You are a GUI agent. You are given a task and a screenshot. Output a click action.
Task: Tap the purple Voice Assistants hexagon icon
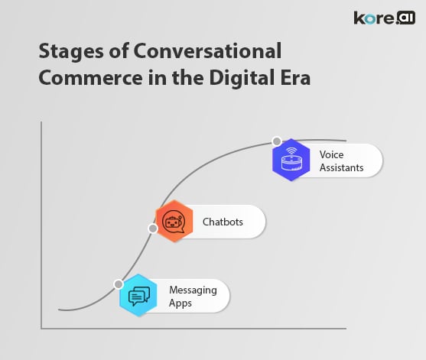click(291, 161)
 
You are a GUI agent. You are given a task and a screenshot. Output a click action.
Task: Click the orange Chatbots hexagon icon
click(174, 222)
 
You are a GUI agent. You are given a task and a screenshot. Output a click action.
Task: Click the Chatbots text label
click(223, 222)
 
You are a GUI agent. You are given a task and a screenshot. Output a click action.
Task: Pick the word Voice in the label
click(332, 154)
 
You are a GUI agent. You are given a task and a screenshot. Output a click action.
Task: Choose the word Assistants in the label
click(342, 167)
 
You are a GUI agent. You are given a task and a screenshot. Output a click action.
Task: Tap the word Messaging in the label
click(193, 290)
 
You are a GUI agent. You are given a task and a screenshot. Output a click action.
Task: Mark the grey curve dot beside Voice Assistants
click(276, 143)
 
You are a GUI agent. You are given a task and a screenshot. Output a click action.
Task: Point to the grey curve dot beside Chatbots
click(153, 228)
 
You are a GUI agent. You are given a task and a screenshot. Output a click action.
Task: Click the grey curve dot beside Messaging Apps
click(118, 284)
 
